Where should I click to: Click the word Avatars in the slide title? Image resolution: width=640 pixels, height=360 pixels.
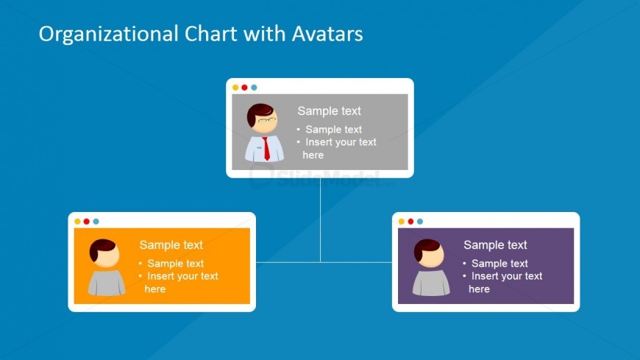(327, 34)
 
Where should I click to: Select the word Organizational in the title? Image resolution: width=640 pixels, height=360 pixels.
(109, 35)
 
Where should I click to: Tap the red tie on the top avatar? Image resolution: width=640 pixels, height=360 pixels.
(266, 149)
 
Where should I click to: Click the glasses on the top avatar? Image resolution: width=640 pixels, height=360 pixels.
(267, 120)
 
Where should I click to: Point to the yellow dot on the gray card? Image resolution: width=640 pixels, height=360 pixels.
(235, 88)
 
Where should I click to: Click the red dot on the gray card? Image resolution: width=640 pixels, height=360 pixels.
(244, 88)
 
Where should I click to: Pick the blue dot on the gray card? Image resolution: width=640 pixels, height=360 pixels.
(254, 88)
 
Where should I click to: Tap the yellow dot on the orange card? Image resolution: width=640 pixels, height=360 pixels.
(77, 222)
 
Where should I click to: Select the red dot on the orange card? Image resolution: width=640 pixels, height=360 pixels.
(87, 222)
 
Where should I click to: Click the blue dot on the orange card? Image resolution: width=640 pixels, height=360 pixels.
(96, 222)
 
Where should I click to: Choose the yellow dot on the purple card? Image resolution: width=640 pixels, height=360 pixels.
(402, 222)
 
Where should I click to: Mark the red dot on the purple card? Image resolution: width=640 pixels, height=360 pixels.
(410, 222)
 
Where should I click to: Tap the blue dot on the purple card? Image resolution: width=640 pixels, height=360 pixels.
(420, 222)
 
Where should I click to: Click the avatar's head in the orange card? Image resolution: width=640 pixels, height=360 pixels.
(104, 253)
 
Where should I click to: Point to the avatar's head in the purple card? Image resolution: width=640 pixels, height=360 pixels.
(429, 253)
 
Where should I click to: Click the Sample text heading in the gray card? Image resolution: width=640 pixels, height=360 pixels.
(329, 110)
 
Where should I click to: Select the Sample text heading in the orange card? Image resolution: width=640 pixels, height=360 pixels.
(171, 244)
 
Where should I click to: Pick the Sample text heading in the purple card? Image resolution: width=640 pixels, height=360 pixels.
(495, 244)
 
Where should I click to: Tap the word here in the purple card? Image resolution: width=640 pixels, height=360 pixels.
(479, 289)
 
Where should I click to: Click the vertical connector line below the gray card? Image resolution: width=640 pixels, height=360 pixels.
(321, 220)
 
